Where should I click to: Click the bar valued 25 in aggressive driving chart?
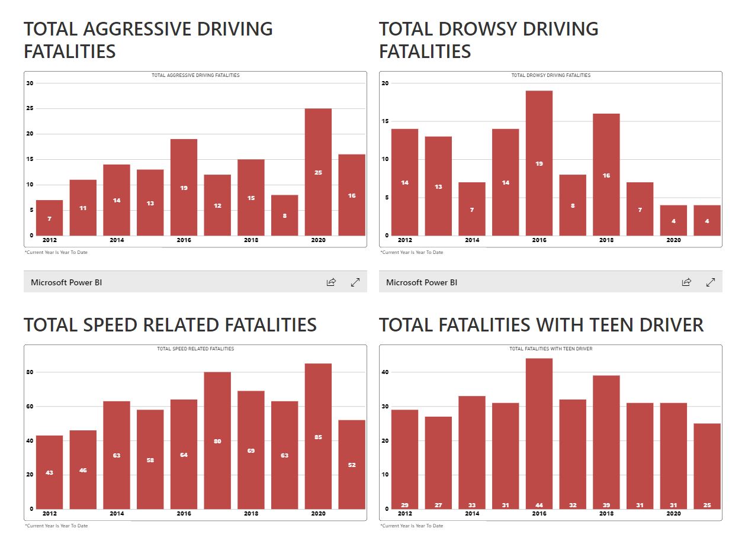point(318,172)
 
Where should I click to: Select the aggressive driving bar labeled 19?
point(184,187)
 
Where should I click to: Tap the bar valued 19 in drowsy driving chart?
point(539,163)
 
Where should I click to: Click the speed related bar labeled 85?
point(318,436)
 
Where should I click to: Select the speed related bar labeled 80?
point(217,440)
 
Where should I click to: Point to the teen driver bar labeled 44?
point(539,433)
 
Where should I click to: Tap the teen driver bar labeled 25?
point(707,466)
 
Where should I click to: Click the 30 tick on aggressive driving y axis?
point(30,83)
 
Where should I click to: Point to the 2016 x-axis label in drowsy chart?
point(539,240)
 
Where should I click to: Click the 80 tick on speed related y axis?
point(30,372)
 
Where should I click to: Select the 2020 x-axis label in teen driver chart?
point(673,514)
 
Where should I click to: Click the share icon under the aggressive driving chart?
point(331,282)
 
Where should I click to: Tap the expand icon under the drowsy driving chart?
point(711,282)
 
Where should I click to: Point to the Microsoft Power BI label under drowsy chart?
point(422,282)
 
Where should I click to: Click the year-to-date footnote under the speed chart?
point(56,526)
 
